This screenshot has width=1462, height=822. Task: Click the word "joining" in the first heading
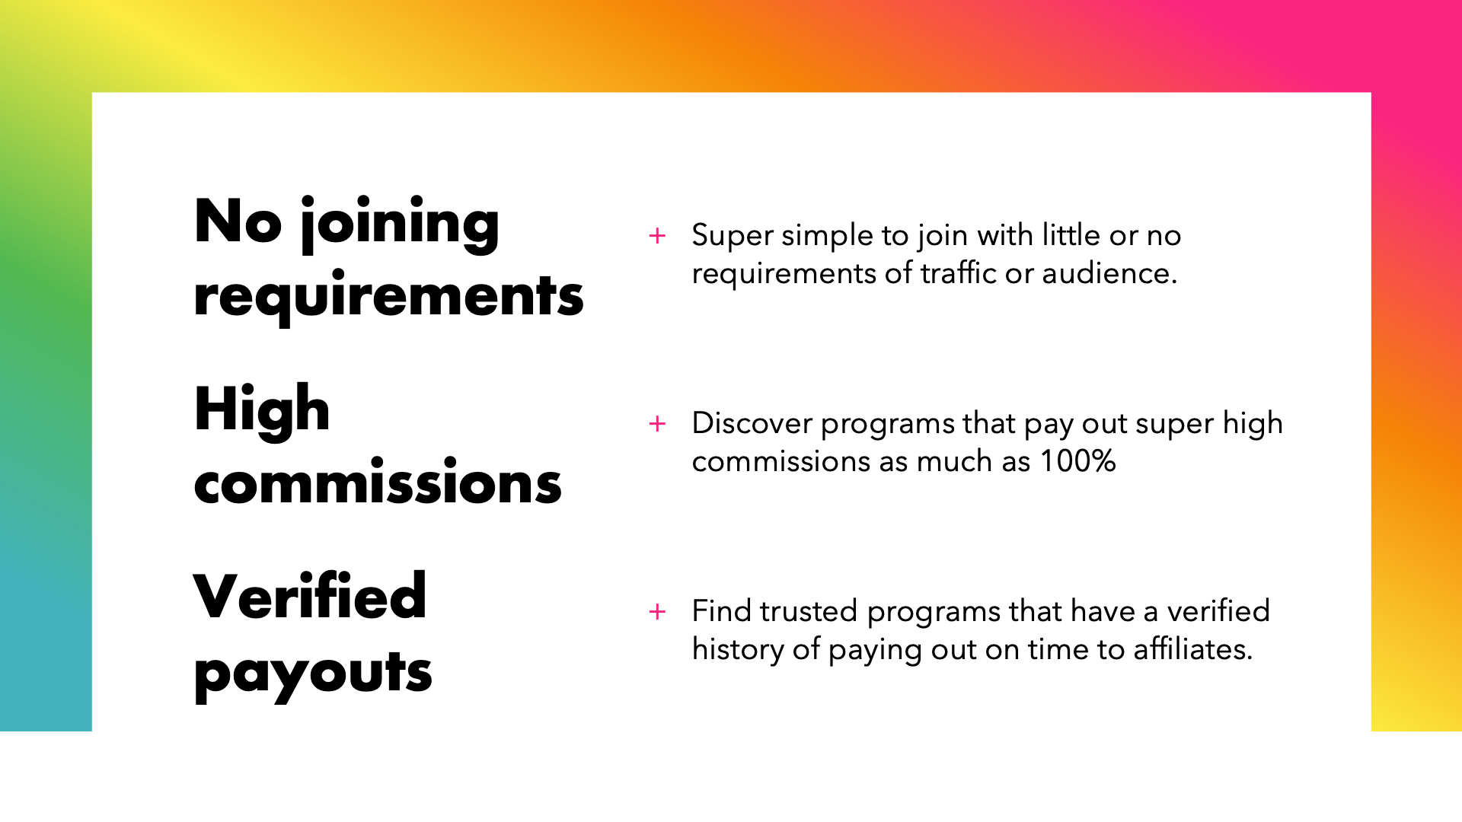click(x=400, y=225)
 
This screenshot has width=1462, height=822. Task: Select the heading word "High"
click(x=262, y=411)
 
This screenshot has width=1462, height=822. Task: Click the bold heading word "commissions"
click(x=378, y=482)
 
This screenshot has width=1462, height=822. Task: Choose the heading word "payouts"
click(x=313, y=674)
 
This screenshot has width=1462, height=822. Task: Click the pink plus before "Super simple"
click(x=657, y=236)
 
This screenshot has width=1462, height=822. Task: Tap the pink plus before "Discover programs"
click(x=657, y=424)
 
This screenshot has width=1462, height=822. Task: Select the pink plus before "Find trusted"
click(x=657, y=612)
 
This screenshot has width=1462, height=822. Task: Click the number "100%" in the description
click(x=1078, y=461)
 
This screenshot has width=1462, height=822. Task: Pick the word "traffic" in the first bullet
click(x=959, y=272)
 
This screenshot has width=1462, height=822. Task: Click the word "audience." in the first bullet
click(x=1109, y=273)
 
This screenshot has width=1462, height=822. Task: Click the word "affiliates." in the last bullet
click(x=1192, y=649)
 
